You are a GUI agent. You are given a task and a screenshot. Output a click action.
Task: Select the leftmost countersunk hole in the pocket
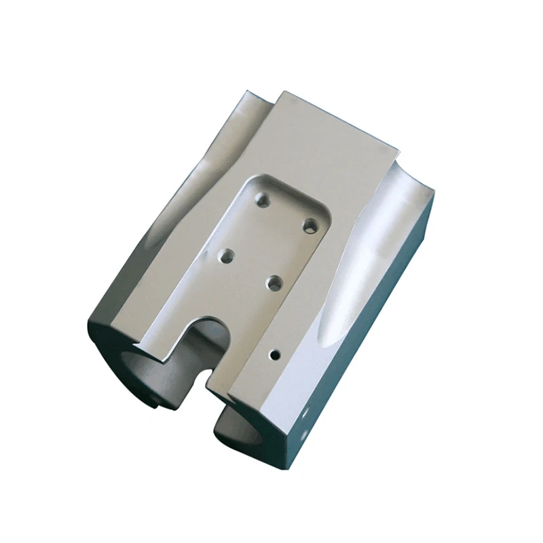225,257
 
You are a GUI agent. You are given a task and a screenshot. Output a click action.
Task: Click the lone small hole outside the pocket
276,354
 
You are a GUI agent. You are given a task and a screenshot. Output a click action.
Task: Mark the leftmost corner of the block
88,324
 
